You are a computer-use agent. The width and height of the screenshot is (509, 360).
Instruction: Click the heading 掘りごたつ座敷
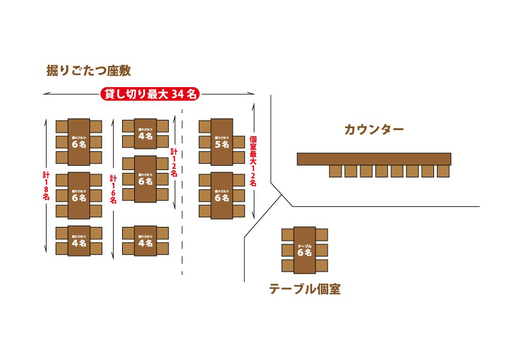point(88,71)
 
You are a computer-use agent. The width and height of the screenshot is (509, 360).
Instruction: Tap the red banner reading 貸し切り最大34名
point(150,94)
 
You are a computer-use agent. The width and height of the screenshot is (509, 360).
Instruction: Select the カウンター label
point(374,129)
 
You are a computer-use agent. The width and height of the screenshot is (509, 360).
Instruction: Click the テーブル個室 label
point(305,289)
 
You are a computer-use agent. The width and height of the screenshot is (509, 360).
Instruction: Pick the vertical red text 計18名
point(46,188)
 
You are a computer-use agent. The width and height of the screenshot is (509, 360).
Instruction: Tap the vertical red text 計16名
point(113,191)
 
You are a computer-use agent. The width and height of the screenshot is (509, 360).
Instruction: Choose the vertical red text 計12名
point(174,162)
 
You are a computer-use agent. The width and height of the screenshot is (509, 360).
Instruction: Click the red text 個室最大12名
point(253,161)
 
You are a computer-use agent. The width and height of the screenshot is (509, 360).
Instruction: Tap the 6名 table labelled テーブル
point(304,249)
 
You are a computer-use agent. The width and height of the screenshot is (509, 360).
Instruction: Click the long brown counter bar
point(374,159)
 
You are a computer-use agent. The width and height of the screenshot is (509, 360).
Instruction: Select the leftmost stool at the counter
point(336,171)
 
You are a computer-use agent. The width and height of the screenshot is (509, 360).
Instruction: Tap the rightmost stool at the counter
point(443,171)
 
